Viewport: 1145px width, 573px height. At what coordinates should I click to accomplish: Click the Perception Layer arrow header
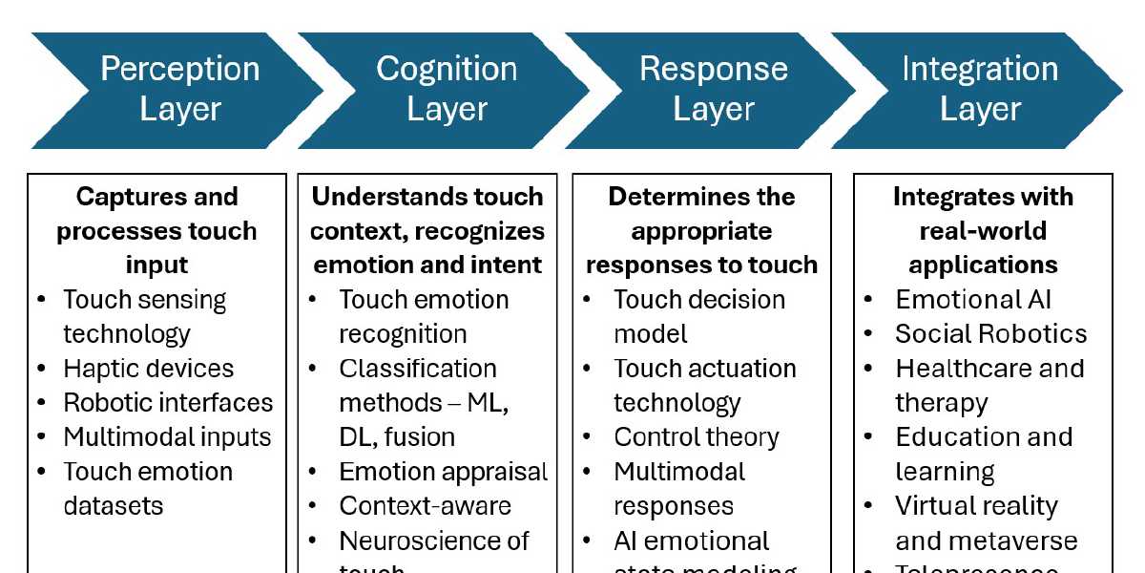[179, 89]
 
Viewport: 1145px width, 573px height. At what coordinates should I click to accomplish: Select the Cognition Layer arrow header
[447, 89]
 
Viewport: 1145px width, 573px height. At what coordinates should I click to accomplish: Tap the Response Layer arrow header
[714, 89]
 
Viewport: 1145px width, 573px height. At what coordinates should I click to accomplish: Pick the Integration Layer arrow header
[980, 89]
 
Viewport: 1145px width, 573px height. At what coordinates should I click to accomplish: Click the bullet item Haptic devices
[148, 369]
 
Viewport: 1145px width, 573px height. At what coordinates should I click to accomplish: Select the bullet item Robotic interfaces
[168, 403]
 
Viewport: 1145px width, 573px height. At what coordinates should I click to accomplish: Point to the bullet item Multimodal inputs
[167, 437]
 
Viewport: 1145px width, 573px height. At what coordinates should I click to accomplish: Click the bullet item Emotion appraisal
[443, 472]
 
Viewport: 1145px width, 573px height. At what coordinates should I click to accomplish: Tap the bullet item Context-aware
[425, 506]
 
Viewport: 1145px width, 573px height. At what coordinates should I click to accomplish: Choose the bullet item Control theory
[696, 437]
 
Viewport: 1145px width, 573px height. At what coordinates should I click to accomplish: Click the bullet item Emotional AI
[973, 300]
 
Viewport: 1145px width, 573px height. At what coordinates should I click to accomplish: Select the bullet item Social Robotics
[990, 334]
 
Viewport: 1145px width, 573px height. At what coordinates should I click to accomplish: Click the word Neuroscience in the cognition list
[418, 541]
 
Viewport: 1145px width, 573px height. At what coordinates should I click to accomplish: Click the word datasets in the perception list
[114, 506]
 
